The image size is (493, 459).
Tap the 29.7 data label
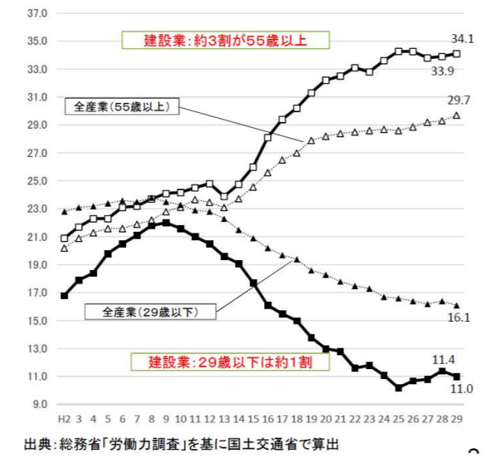(462, 100)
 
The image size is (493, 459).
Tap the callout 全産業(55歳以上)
(122, 107)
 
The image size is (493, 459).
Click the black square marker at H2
(64, 296)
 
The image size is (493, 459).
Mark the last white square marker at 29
(456, 53)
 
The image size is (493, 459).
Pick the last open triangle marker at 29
(456, 115)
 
